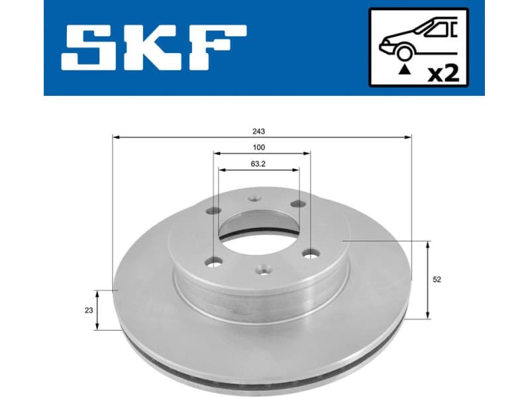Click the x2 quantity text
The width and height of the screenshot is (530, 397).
click(x=443, y=72)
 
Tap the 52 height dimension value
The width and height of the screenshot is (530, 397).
click(x=437, y=279)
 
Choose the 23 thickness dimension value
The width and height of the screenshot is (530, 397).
click(x=87, y=310)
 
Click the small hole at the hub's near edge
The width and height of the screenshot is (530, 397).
click(x=262, y=269)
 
